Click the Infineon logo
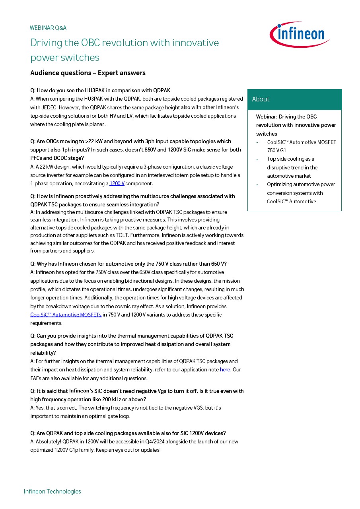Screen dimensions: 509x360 click(x=300, y=35)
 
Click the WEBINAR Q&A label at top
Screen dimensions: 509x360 click(x=48, y=28)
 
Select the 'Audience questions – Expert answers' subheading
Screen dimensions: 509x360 click(x=88, y=73)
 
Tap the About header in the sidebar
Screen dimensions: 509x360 click(x=261, y=99)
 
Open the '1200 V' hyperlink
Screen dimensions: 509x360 click(x=117, y=183)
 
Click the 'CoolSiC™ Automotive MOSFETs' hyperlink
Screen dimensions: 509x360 click(x=66, y=315)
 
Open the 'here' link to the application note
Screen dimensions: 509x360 click(x=225, y=370)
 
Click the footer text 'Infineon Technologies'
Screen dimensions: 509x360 click(x=52, y=492)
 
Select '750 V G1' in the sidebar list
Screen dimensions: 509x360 click(x=276, y=151)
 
